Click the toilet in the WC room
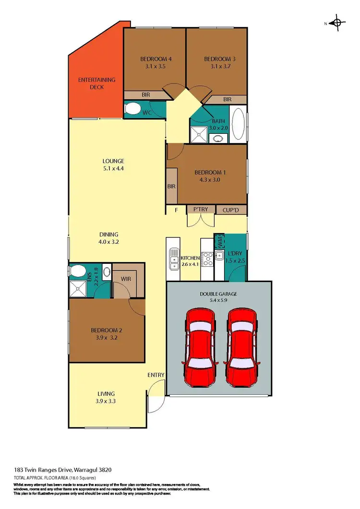[132, 110]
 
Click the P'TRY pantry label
[200, 210]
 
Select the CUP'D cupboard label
[231, 210]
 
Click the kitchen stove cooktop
[207, 259]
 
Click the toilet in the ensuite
[77, 271]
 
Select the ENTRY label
[156, 375]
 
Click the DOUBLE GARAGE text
[218, 294]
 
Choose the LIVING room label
[106, 394]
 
